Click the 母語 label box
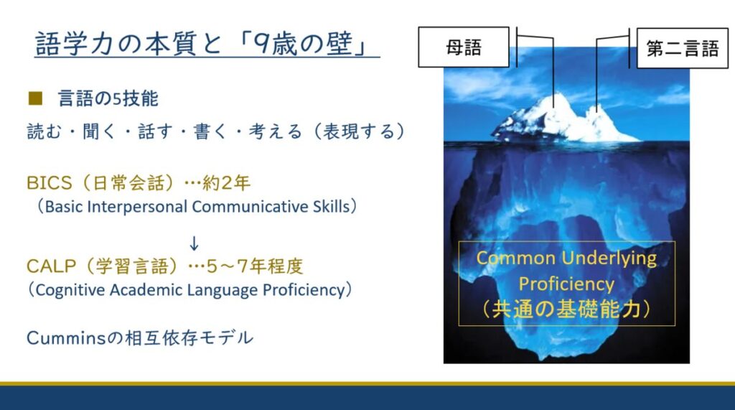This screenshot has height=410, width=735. point(464,47)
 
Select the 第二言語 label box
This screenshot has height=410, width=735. point(683,48)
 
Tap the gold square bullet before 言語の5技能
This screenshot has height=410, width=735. point(35,98)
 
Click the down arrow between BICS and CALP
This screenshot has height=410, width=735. point(194,243)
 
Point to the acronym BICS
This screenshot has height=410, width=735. point(50,182)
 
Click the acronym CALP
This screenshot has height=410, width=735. point(51,266)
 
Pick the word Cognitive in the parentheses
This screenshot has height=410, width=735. point(70,290)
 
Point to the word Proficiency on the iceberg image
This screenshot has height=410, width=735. point(566,284)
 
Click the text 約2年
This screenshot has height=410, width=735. point(226,182)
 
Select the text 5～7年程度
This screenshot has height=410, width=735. point(255,266)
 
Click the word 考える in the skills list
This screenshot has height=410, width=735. point(275,131)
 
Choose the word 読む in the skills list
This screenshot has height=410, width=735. point(44,131)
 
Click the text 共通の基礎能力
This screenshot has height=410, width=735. point(566,309)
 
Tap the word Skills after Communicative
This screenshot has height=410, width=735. point(332,206)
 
